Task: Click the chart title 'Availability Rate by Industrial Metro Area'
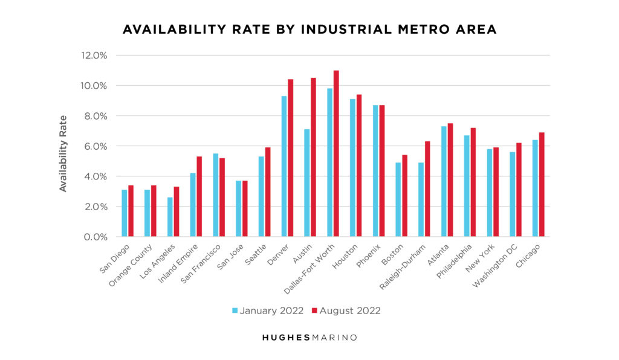pyautogui.click(x=309, y=30)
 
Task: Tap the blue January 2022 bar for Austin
pyautogui.click(x=307, y=183)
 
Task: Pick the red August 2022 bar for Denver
pyautogui.click(x=291, y=158)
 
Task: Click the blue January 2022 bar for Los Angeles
pyautogui.click(x=170, y=217)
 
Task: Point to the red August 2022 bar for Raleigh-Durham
pyautogui.click(x=427, y=189)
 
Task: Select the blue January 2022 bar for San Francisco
pyautogui.click(x=216, y=195)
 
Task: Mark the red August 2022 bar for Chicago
pyautogui.click(x=542, y=185)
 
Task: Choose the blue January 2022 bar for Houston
pyautogui.click(x=352, y=168)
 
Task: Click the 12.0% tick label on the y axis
pyautogui.click(x=94, y=56)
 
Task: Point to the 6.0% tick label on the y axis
pyautogui.click(x=94, y=146)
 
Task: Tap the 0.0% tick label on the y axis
pyautogui.click(x=94, y=237)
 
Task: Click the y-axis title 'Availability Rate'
pyautogui.click(x=63, y=153)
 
